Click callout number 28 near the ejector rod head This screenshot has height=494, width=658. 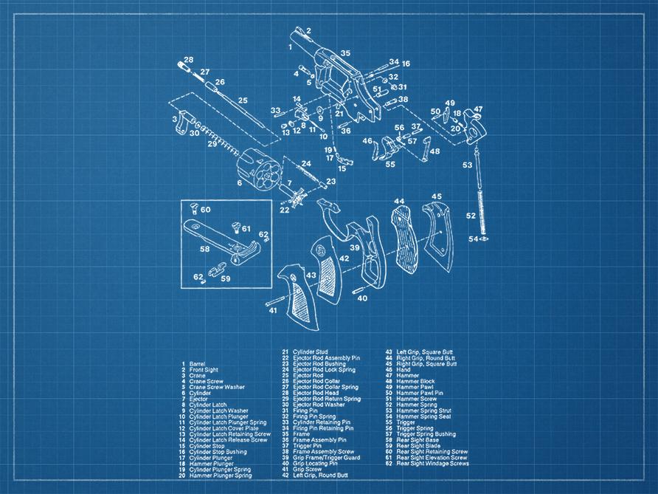pos(189,60)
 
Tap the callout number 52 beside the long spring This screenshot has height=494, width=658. pos(471,216)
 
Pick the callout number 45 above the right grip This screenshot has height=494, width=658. pos(437,196)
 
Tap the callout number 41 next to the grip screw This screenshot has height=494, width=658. pos(273,311)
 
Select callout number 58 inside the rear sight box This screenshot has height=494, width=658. pos(204,250)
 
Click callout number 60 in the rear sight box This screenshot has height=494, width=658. pos(205,210)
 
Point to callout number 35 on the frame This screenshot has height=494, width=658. pos(345,53)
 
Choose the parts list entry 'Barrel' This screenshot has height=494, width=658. pos(197,365)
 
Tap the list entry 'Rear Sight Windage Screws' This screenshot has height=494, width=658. pos(432,464)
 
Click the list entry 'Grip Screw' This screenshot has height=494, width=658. pos(307,470)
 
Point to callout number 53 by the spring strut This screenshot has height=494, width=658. pos(467,165)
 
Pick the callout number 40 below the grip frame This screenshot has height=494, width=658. pos(361,298)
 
